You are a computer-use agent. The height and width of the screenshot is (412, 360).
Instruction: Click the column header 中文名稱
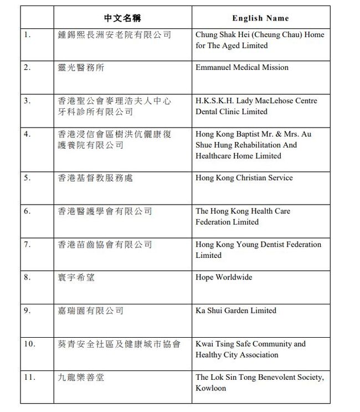122,18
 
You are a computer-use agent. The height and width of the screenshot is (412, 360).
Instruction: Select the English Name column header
260,18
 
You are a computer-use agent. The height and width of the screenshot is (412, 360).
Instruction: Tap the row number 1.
28,34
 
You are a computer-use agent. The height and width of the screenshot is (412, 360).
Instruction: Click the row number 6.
28,211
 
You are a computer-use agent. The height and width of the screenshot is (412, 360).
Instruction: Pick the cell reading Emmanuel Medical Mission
242,67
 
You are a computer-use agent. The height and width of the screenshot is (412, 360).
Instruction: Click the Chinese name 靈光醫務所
81,68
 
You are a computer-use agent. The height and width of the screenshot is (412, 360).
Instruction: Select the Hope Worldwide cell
224,277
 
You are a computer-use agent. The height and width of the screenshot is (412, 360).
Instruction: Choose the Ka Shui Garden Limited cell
236,311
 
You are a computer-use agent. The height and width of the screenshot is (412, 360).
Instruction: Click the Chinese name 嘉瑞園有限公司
91,311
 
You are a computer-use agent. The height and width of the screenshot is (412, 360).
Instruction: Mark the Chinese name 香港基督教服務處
95,178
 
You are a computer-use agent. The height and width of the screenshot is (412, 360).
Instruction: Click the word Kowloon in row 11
211,388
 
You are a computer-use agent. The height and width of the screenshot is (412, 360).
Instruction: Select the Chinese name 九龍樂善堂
81,377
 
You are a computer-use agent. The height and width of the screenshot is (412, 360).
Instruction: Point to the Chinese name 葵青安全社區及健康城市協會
119,344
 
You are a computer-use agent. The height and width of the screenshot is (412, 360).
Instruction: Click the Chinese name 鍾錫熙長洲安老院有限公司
115,34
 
